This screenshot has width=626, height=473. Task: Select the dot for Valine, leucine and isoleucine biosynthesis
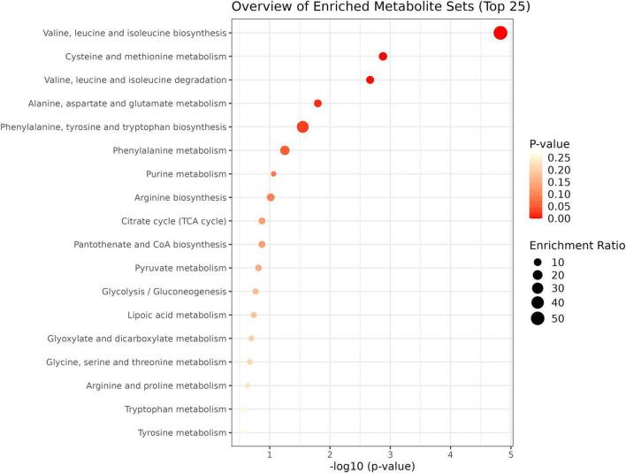click(500, 33)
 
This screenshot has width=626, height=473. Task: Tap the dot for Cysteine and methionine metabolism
click(383, 57)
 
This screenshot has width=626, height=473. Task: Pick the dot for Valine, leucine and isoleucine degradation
click(370, 80)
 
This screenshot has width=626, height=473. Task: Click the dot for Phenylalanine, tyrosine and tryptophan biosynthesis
click(302, 127)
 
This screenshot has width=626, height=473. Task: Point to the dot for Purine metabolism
click(273, 174)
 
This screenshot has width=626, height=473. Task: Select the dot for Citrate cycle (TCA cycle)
click(262, 221)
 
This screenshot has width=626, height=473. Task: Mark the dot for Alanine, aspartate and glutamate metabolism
click(317, 103)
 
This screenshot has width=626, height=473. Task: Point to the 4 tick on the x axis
click(450, 454)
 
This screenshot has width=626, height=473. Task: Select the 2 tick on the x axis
click(329, 454)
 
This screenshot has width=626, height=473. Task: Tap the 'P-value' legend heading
click(549, 143)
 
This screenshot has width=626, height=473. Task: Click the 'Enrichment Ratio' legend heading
click(576, 245)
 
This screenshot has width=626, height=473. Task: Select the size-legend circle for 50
click(537, 318)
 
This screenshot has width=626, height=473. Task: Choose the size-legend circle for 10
click(537, 263)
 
